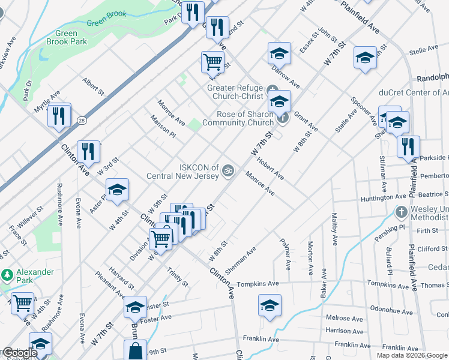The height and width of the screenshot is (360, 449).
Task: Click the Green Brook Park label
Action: pyautogui.click(x=67, y=37)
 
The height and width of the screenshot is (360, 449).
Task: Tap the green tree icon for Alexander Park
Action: pyautogui.click(x=7, y=275)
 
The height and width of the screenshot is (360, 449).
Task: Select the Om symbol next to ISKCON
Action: pyautogui.click(x=227, y=171)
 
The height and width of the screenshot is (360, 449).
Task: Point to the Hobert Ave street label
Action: pyautogui.click(x=270, y=169)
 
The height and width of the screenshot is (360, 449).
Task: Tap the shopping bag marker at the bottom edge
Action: pyautogui.click(x=135, y=351)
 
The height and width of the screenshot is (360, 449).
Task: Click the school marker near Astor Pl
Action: pyautogui.click(x=118, y=190)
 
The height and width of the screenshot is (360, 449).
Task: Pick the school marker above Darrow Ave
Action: pyautogui.click(x=279, y=54)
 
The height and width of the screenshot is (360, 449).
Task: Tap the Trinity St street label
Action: pyautogui.click(x=178, y=276)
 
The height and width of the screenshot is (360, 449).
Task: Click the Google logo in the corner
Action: pyautogui.click(x=19, y=353)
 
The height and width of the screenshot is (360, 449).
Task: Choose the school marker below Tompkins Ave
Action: pyautogui.click(x=270, y=305)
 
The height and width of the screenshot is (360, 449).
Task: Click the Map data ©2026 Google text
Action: pyautogui.click(x=412, y=355)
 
